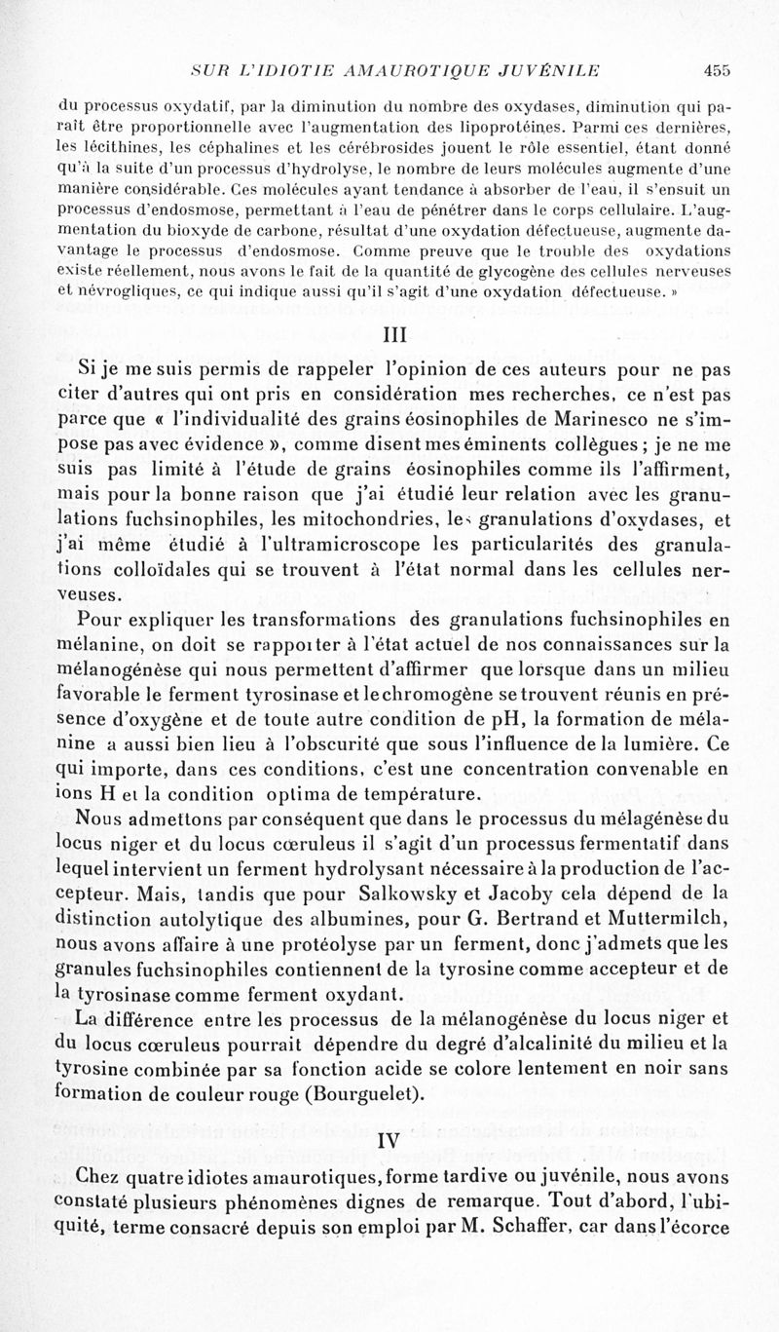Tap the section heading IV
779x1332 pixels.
(x=389, y=1137)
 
